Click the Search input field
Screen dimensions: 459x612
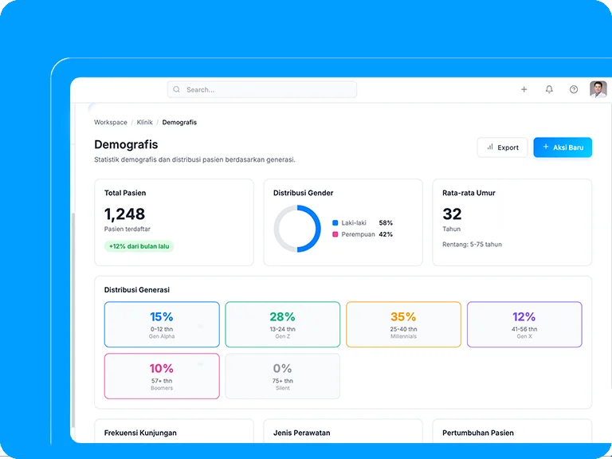pyautogui.click(x=262, y=90)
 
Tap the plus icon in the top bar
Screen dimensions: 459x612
pyautogui.click(x=524, y=90)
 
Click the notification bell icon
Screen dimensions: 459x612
pyautogui.click(x=549, y=90)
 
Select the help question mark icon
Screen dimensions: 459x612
pyautogui.click(x=574, y=90)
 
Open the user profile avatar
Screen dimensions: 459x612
pyautogui.click(x=598, y=89)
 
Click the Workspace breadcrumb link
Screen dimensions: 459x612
pyautogui.click(x=110, y=123)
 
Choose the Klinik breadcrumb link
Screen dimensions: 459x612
pyautogui.click(x=144, y=123)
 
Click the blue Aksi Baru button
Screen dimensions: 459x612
pyautogui.click(x=563, y=147)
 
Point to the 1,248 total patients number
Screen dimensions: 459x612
pyautogui.click(x=124, y=214)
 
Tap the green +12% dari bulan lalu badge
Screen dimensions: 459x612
pyautogui.click(x=139, y=246)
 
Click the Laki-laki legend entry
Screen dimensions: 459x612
pyautogui.click(x=353, y=223)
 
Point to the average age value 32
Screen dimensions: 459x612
pyautogui.click(x=452, y=214)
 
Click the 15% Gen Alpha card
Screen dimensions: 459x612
pyautogui.click(x=162, y=324)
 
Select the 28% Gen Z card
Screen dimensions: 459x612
pyautogui.click(x=282, y=324)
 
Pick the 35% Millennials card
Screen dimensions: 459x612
pyautogui.click(x=403, y=324)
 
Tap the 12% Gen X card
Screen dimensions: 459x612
pyautogui.click(x=524, y=324)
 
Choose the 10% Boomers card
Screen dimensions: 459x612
pyautogui.click(x=162, y=376)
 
